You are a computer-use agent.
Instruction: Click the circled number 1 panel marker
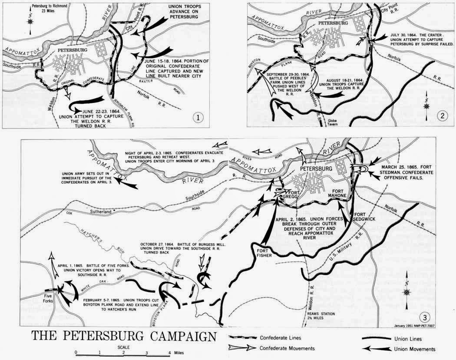pos(198,118)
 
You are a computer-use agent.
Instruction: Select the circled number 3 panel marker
pos(428,316)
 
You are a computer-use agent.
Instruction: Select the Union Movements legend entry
pos(415,349)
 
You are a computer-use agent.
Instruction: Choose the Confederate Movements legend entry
pos(287,348)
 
